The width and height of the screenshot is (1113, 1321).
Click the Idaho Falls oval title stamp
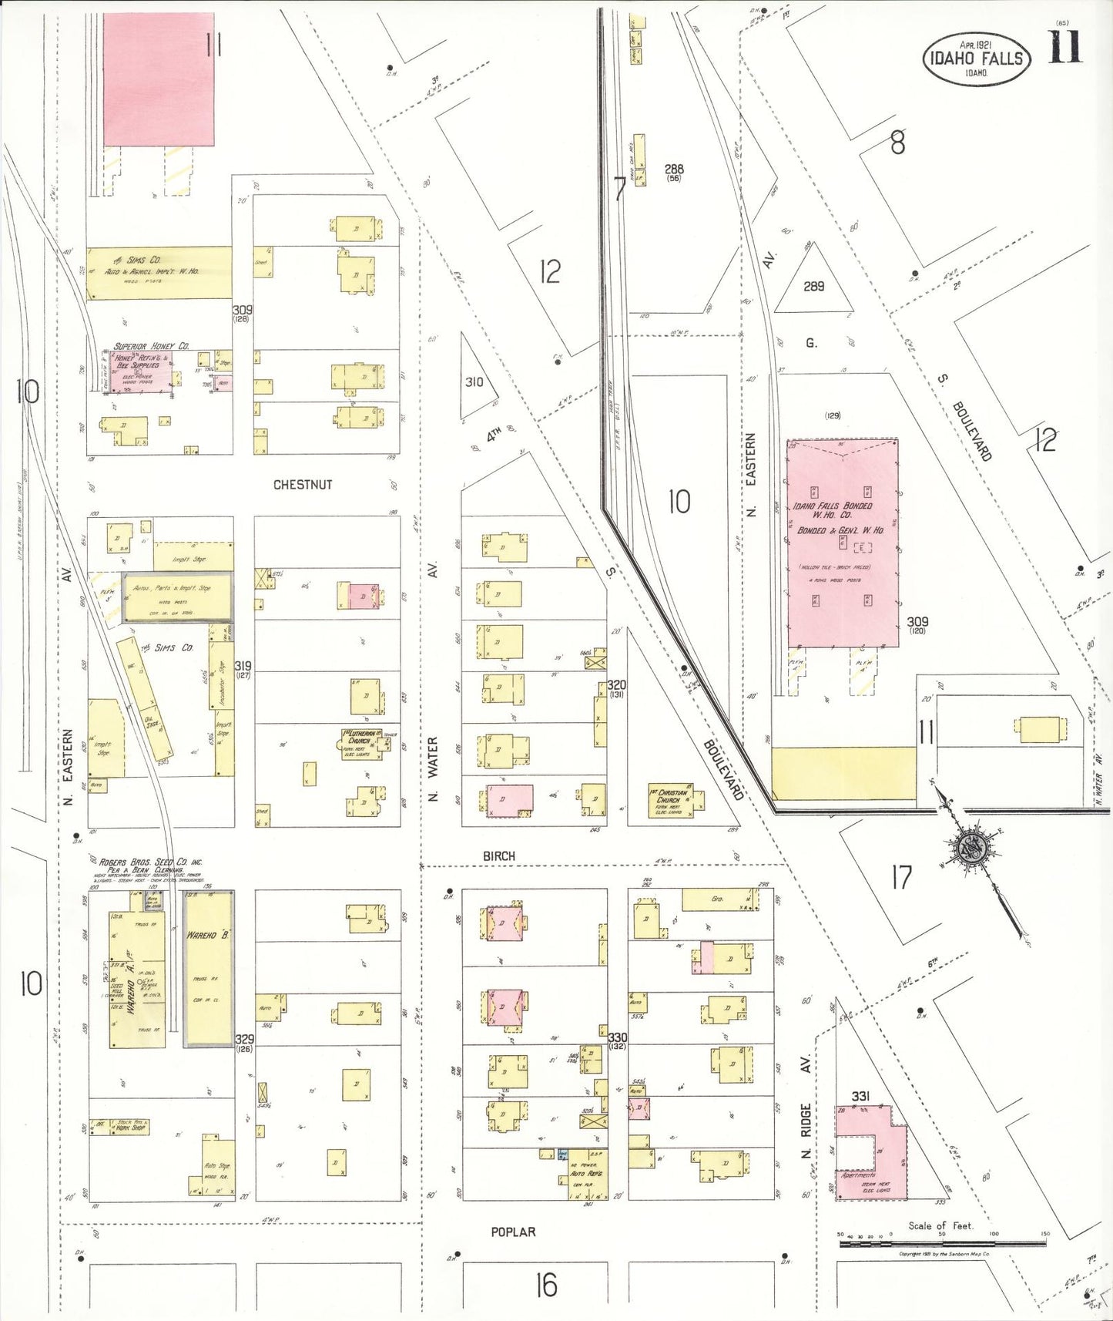[x=977, y=59]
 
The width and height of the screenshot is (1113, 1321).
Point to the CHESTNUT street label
[x=303, y=485]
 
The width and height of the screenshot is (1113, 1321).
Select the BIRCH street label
[x=499, y=856]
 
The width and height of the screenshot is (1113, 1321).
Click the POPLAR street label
[x=513, y=1232]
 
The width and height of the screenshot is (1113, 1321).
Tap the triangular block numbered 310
[x=473, y=381]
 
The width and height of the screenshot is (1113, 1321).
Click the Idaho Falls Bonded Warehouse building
[x=843, y=543]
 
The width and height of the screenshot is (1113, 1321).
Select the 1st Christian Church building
[x=672, y=802]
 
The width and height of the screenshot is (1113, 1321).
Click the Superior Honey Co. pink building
[x=141, y=372]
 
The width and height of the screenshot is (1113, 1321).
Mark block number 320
[x=616, y=685]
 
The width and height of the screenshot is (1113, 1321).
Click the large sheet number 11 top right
[x=1065, y=48]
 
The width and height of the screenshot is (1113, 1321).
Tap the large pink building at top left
[x=159, y=79]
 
